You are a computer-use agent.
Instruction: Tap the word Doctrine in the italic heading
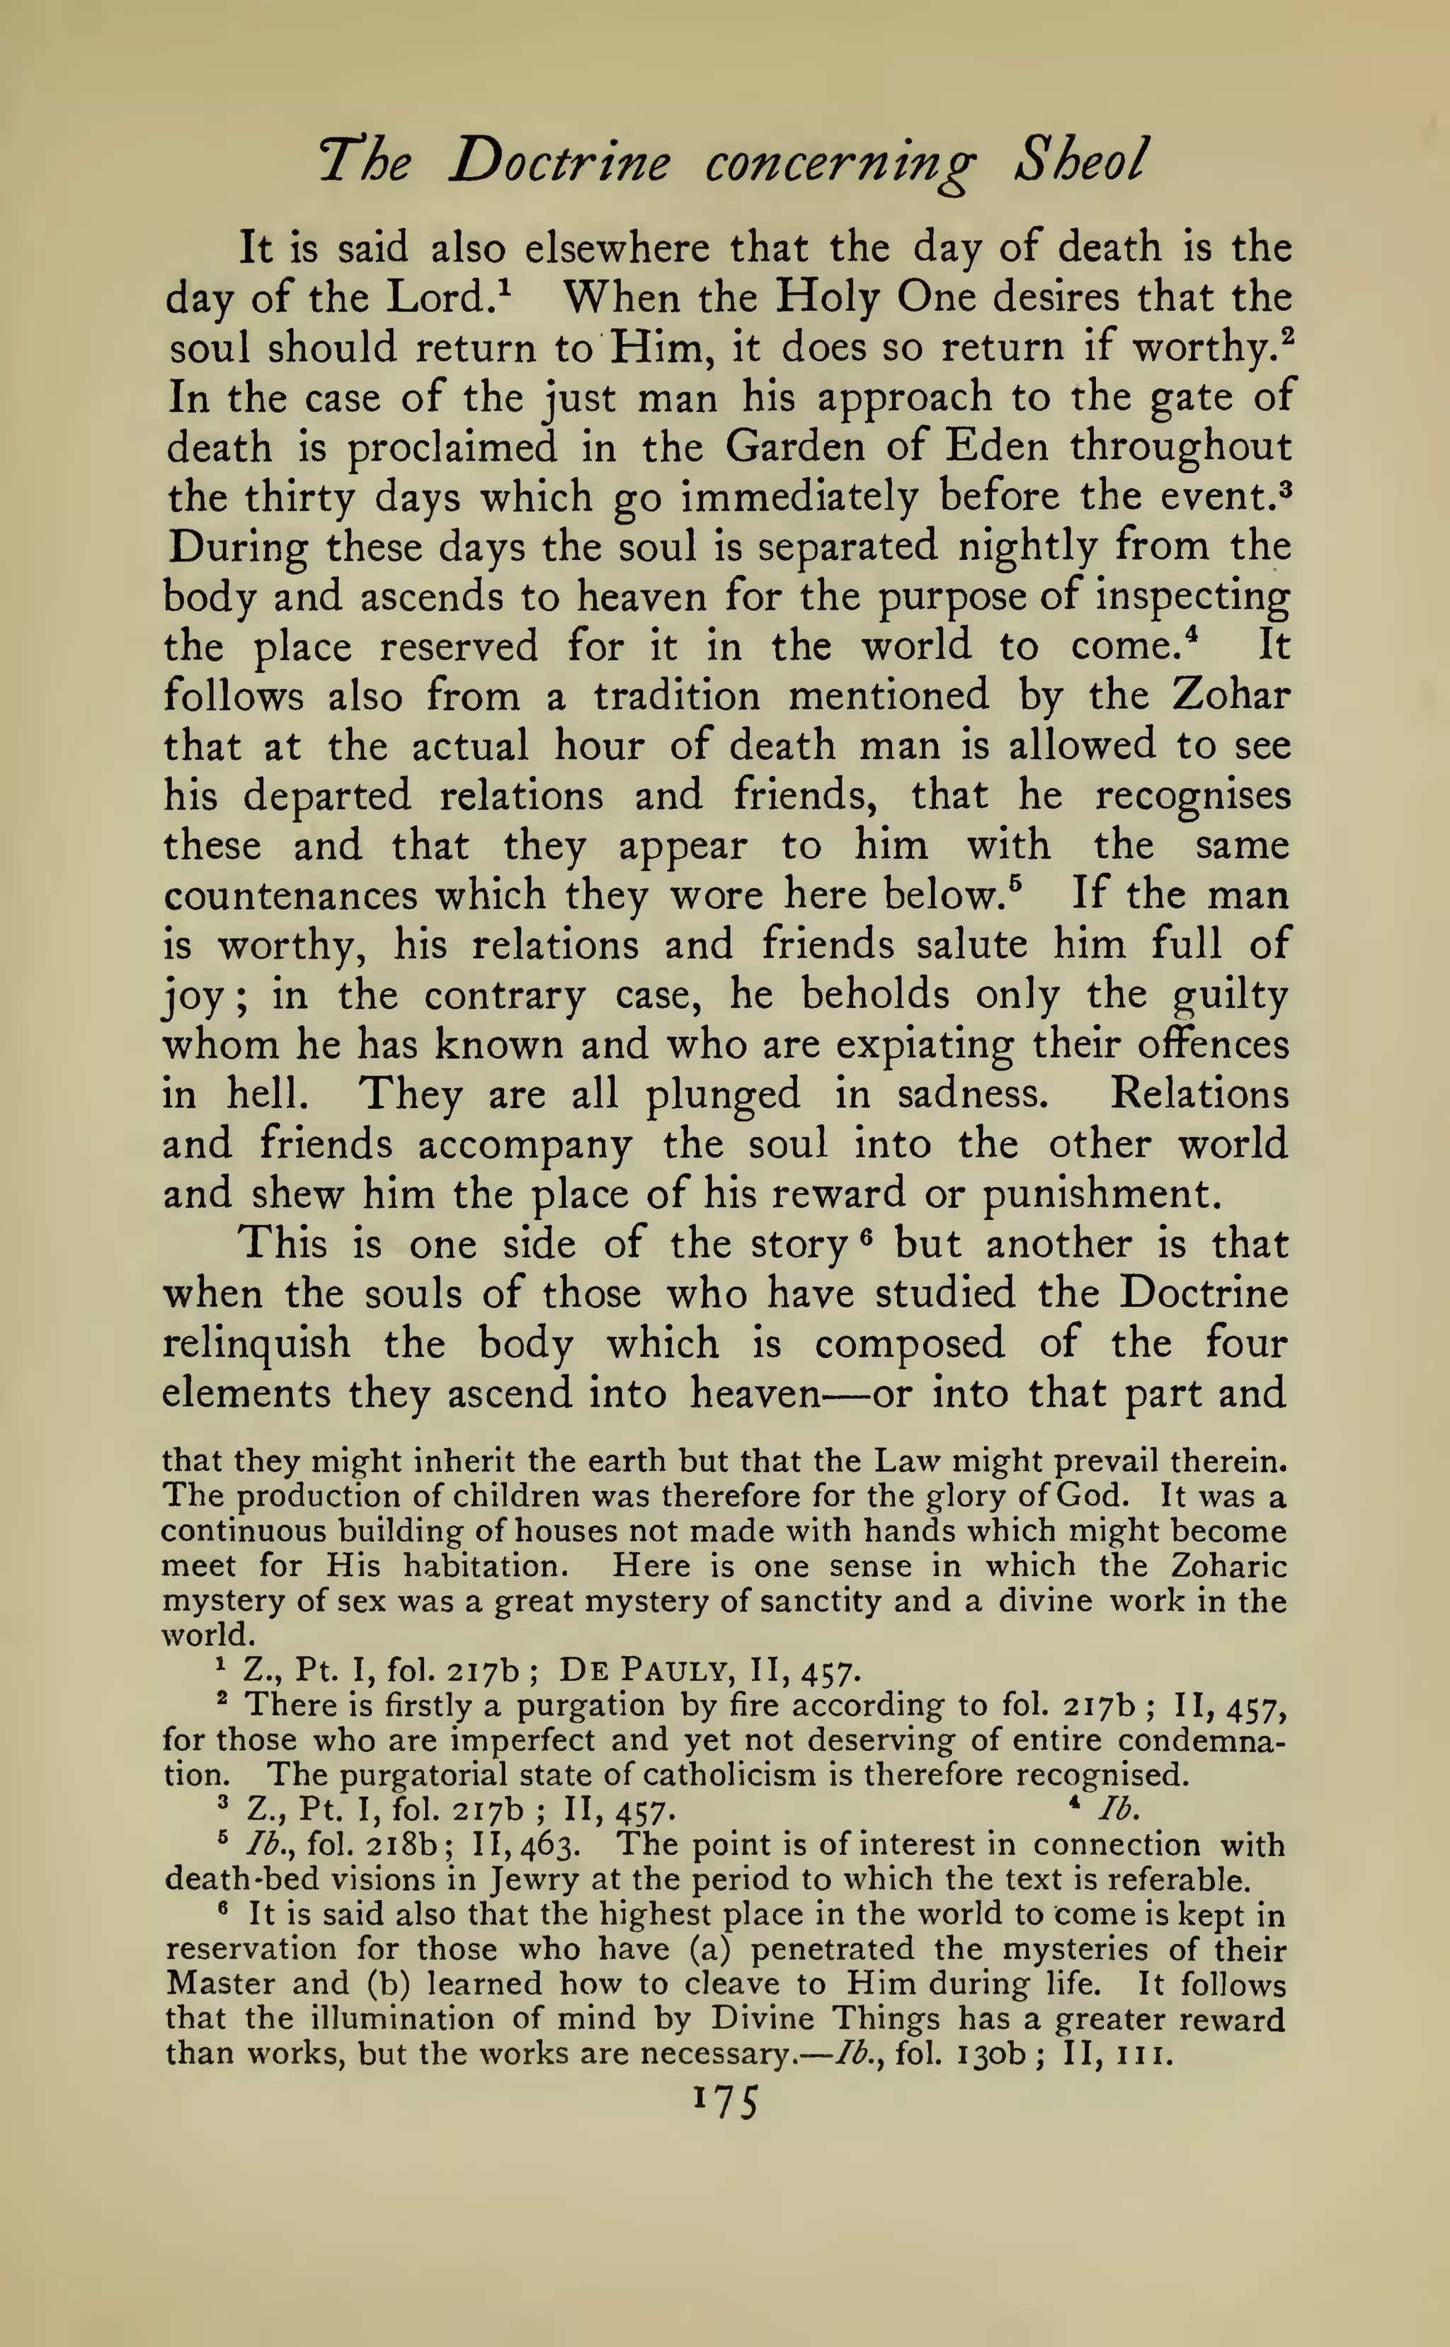pyautogui.click(x=558, y=161)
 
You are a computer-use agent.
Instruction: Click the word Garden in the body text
pyautogui.click(x=794, y=446)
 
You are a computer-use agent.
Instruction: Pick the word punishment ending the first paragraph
pyautogui.click(x=1101, y=1194)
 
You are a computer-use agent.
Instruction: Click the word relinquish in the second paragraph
pyautogui.click(x=256, y=1343)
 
